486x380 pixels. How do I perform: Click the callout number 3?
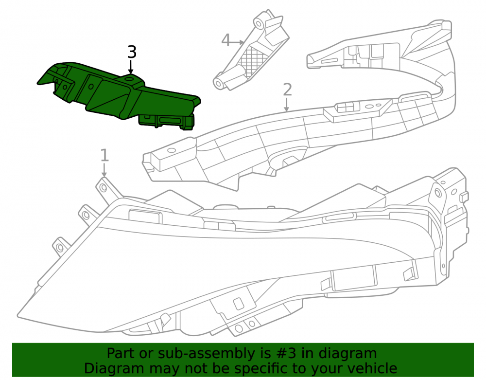132,52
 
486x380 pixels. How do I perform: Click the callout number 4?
226,40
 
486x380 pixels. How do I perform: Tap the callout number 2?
287,90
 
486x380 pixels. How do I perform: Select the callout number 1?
104,155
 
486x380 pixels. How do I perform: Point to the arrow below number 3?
131,67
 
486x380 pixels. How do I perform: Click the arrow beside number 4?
238,41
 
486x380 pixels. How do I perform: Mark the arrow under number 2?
287,105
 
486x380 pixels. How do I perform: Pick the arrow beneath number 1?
104,170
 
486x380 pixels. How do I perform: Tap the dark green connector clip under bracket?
166,121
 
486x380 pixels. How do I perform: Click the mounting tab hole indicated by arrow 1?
104,188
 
